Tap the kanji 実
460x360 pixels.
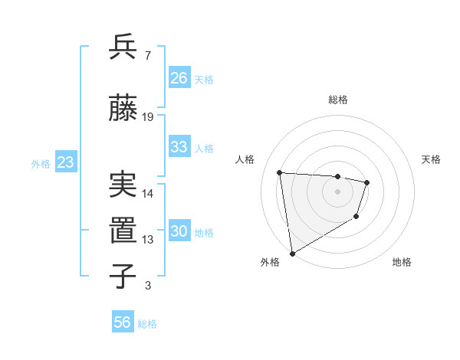click(123, 184)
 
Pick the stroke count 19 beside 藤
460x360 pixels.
click(148, 117)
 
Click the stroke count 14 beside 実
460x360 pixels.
click(148, 194)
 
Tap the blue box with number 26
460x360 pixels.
click(179, 78)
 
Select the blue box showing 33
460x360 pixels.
click(179, 147)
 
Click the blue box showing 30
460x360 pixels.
click(179, 231)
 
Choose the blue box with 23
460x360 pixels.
click(65, 162)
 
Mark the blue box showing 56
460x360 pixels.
click(122, 322)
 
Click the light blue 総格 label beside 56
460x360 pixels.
click(147, 324)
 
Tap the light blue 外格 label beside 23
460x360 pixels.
click(41, 163)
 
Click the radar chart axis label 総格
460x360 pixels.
click(337, 100)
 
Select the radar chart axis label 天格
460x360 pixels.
click(432, 159)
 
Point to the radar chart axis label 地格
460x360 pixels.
click(402, 263)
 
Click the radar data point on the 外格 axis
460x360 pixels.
click(291, 253)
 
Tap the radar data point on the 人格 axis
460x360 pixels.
click(280, 172)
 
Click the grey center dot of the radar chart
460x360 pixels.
click(337, 191)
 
